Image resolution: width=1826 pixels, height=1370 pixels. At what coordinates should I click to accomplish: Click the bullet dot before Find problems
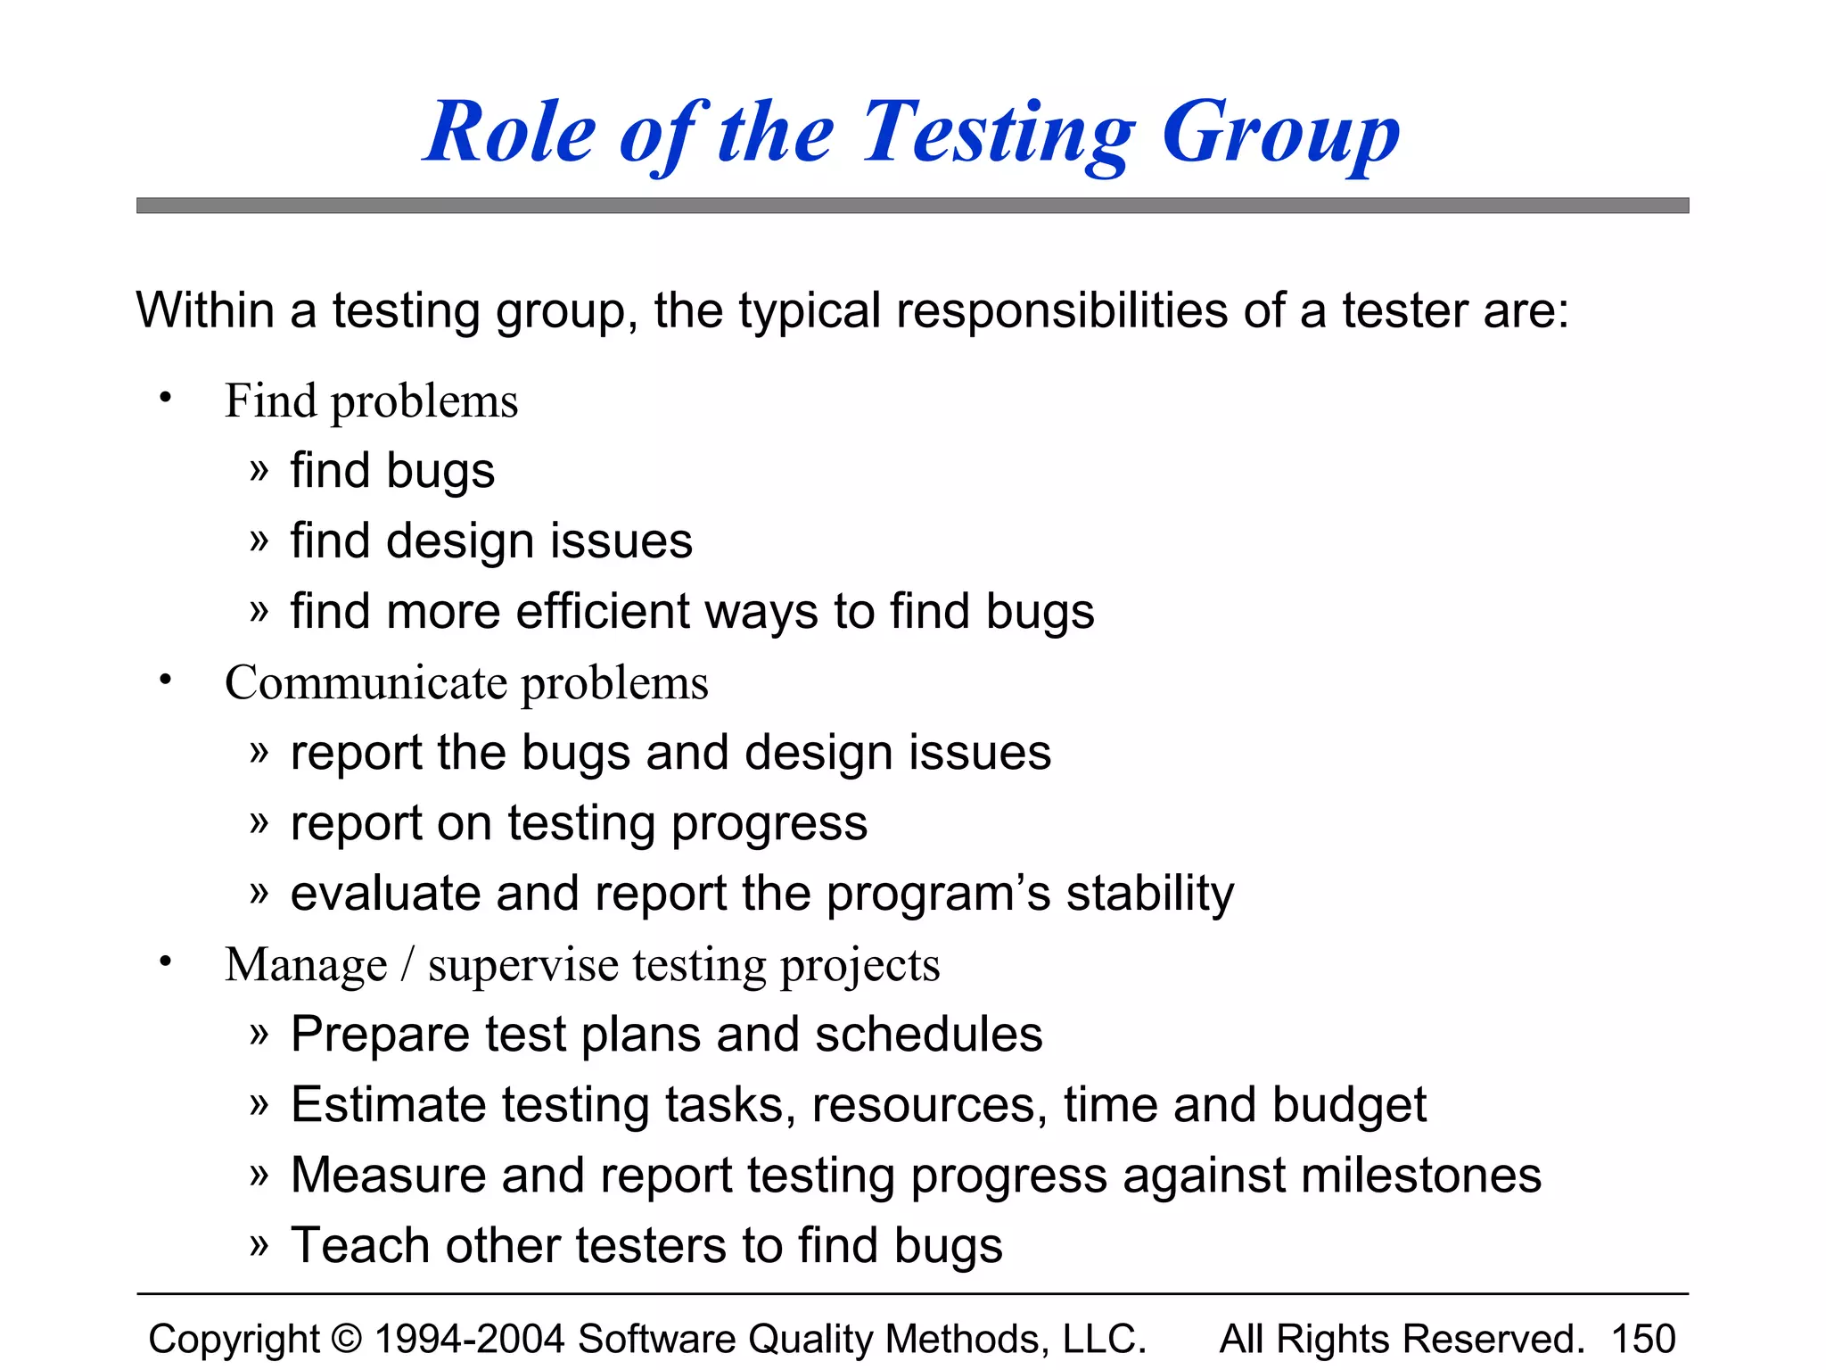(x=165, y=398)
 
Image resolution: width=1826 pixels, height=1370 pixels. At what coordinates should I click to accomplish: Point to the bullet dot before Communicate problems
(x=165, y=681)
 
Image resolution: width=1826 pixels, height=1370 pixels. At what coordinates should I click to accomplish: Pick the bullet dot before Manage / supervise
(x=165, y=961)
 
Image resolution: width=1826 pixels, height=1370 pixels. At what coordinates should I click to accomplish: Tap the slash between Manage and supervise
(x=407, y=965)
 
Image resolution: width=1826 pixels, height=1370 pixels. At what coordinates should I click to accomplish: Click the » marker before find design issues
(x=259, y=541)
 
